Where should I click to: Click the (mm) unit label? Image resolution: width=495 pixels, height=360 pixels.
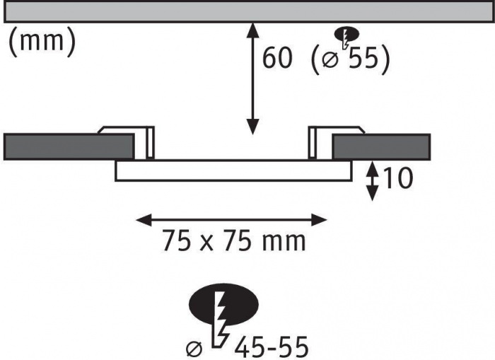42,42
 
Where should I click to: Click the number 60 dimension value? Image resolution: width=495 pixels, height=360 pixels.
278,58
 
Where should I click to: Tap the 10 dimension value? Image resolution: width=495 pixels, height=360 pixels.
397,178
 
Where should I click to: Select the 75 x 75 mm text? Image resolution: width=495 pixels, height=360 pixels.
234,241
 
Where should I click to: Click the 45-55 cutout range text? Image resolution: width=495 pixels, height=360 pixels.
271,347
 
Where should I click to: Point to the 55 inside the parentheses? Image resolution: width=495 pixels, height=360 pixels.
363,58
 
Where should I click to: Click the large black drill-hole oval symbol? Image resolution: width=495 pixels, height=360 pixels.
223,304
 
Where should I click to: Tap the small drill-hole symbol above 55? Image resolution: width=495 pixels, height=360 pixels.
346,35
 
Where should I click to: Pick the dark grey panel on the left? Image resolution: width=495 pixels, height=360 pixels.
69,146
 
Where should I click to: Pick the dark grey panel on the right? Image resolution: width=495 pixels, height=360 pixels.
381,147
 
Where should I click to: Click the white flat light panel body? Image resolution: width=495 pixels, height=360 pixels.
233,171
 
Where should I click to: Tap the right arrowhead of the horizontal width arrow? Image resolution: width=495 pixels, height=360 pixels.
319,220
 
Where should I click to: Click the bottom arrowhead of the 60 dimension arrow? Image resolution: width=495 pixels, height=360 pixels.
252,127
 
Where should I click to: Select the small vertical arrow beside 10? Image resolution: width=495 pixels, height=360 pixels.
373,181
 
